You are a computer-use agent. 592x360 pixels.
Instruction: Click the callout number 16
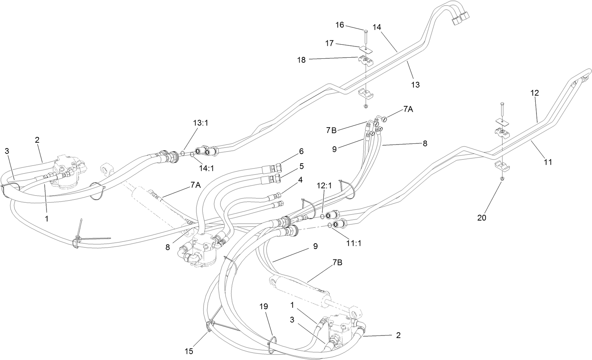[x=340, y=25]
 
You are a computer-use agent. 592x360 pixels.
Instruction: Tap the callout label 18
[x=301, y=60]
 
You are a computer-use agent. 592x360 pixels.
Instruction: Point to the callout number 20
[x=482, y=218]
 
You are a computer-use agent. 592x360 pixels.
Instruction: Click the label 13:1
[x=201, y=123]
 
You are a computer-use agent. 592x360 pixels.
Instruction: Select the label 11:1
[x=354, y=243]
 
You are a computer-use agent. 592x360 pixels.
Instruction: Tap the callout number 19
[x=264, y=307]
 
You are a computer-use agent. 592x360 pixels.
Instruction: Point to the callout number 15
[x=189, y=351]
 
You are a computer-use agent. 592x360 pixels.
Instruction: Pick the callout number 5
[x=301, y=166]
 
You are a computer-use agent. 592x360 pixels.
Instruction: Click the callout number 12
[x=534, y=93]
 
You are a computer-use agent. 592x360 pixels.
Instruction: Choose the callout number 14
[x=377, y=27]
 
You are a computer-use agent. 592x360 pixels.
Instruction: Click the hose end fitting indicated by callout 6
[x=278, y=167]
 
